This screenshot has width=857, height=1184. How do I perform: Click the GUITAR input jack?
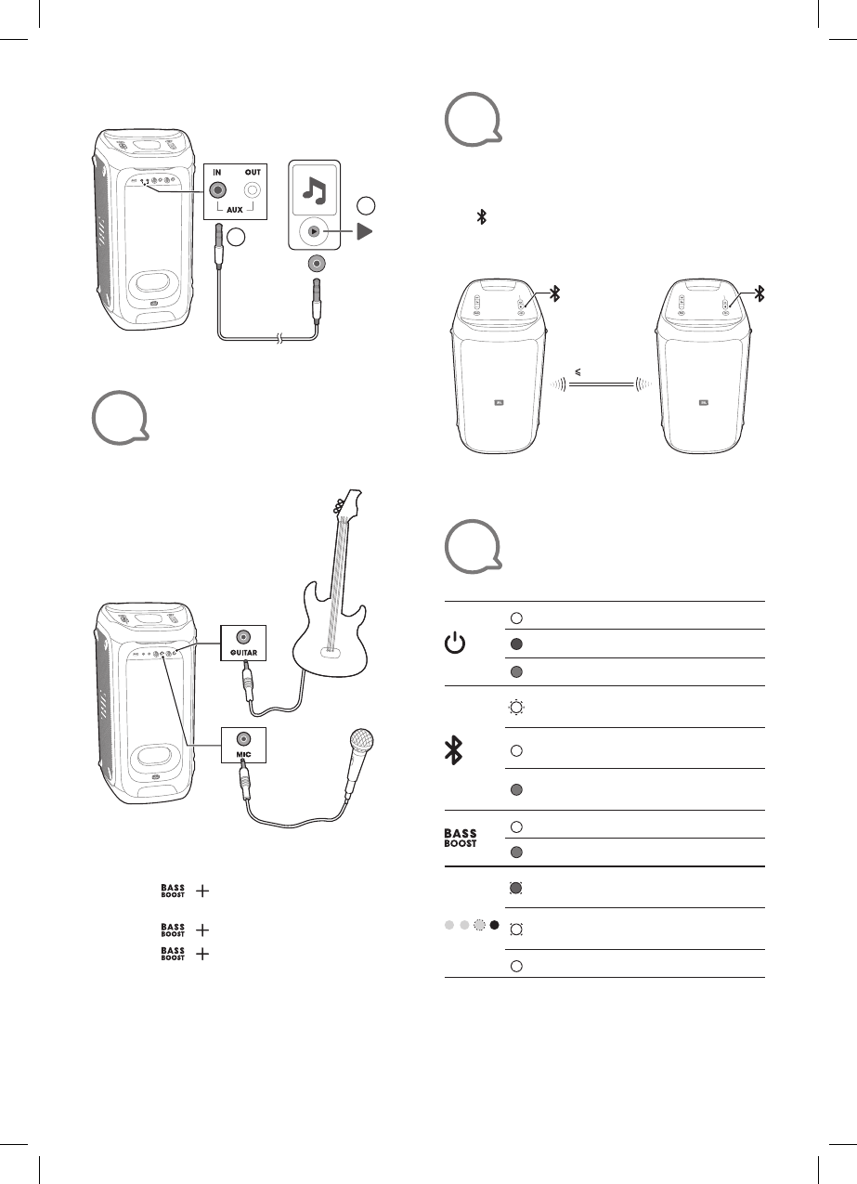coord(243,637)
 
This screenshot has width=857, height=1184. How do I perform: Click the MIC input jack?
coord(243,738)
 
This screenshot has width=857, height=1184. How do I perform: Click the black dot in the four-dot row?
coord(495,926)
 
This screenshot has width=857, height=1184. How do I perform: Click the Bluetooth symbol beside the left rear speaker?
coord(554,293)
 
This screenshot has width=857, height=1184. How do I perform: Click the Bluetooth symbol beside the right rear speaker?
coord(760,293)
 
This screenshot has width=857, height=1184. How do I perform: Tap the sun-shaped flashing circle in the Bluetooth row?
coord(516,708)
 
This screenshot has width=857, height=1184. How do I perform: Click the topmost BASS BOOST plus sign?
coord(202,891)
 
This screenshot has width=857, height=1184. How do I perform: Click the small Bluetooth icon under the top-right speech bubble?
coord(481,217)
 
